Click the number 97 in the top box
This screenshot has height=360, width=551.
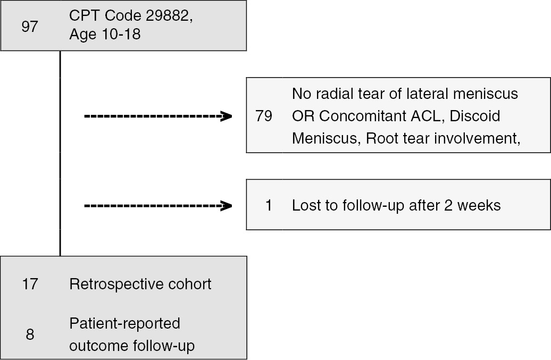pos(30,27)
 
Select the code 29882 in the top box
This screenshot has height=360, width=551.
pos(167,15)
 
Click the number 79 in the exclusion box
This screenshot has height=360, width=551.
pos(264,116)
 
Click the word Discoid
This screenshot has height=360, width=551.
pos(475,116)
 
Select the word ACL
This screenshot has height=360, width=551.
pos(426,116)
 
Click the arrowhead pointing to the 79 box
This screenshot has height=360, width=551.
pos(226,116)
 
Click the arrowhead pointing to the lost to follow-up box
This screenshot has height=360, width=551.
pos(226,205)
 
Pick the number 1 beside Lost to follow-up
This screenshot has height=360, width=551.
pos(269,205)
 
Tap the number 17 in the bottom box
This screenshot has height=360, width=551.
pos(30,284)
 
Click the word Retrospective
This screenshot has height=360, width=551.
pos(116,284)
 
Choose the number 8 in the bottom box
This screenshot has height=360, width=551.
pos(30,334)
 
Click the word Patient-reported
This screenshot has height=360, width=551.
pos(125,323)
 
